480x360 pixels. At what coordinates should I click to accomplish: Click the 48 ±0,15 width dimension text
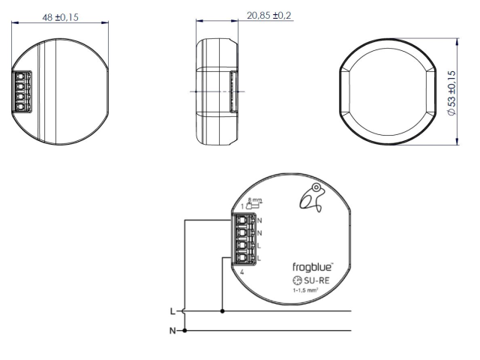coord(61,16)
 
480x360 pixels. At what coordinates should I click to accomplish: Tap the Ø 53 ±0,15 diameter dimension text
coord(451,93)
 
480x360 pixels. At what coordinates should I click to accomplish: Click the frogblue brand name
coord(312,266)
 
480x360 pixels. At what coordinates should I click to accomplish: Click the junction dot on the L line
coord(222,310)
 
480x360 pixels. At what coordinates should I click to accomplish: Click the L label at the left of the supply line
coord(172,310)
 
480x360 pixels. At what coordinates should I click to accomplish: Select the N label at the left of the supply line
coord(172,330)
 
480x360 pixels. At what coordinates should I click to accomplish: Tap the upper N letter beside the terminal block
coord(259,220)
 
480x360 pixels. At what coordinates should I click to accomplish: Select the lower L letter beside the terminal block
coord(259,258)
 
